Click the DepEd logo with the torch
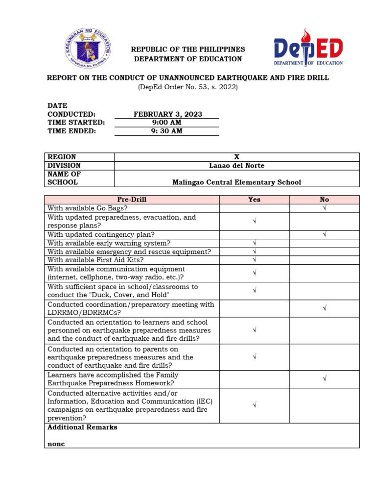(308, 47)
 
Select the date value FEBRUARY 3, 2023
(168, 114)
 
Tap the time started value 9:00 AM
(168, 123)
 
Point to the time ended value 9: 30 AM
(168, 131)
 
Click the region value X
(236, 157)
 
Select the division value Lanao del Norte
(236, 166)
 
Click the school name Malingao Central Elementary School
(236, 182)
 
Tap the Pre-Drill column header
(132, 200)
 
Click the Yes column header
(254, 200)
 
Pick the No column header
(324, 200)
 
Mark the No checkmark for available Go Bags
(324, 208)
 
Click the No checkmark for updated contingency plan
(324, 235)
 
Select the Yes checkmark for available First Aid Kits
(254, 260)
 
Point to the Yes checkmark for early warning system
(254, 243)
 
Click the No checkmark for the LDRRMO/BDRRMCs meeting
(324, 308)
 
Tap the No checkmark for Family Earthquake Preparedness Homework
(324, 379)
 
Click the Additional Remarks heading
(82, 427)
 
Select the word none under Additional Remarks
(56, 444)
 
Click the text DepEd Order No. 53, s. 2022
(188, 87)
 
